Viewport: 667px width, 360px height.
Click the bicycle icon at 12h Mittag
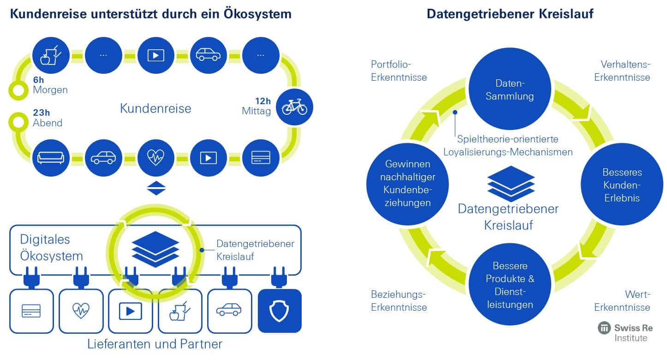[x=294, y=107]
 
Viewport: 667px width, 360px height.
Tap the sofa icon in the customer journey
[x=51, y=158]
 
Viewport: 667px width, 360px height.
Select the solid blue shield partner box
[x=280, y=311]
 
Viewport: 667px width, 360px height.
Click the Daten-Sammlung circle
[x=510, y=89]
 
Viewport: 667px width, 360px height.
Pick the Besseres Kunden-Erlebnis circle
[x=622, y=184]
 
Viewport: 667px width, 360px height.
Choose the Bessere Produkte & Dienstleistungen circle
[x=510, y=284]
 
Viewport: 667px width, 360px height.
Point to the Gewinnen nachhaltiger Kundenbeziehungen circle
[x=407, y=184]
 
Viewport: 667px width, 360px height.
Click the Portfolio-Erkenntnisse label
[x=399, y=71]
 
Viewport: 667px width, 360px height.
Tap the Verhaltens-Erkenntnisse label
[x=622, y=71]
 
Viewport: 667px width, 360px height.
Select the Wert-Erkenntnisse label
[x=622, y=301]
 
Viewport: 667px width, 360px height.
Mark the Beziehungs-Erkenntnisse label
[x=399, y=301]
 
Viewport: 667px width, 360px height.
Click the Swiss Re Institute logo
[x=625, y=332]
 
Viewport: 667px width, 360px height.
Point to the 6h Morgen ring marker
[x=18, y=90]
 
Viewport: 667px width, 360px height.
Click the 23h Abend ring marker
[x=18, y=122]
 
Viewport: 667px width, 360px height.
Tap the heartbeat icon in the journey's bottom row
[x=156, y=158]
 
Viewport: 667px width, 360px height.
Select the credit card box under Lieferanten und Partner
[x=31, y=311]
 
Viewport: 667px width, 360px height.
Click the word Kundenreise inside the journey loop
[x=155, y=108]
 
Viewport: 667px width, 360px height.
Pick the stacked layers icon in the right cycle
[x=511, y=184]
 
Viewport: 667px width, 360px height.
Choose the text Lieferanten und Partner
[x=155, y=344]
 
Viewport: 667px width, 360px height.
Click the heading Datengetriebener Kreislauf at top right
[x=510, y=14]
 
